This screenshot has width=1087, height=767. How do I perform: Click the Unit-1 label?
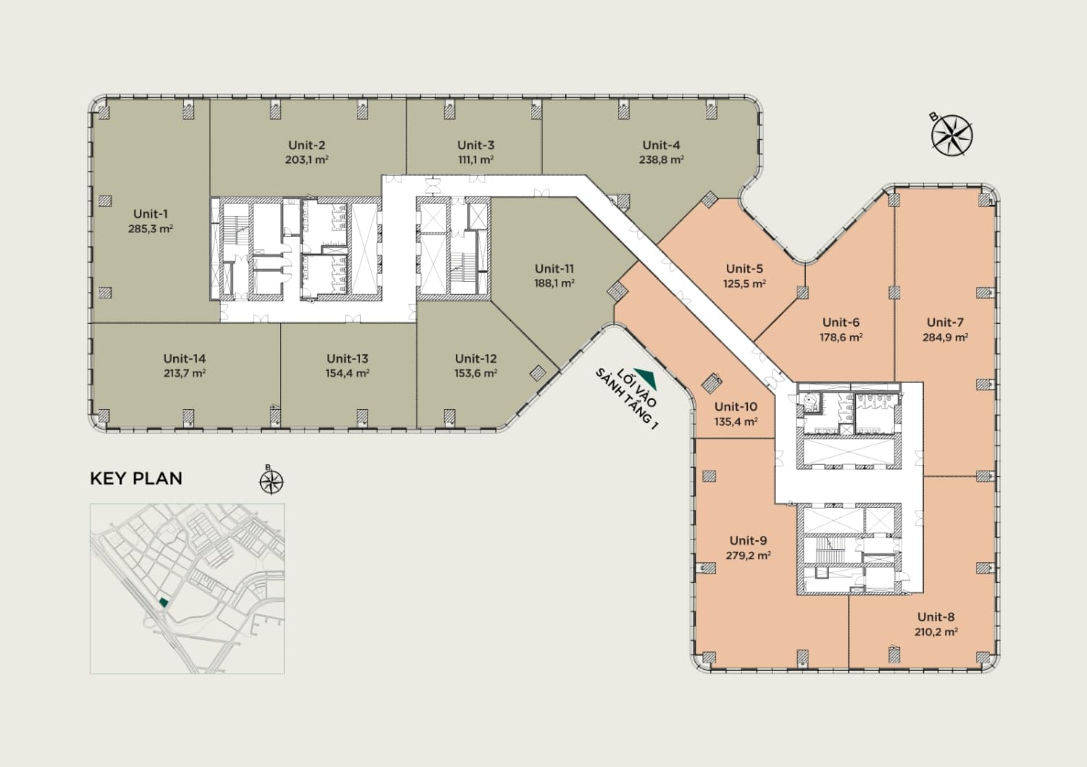(x=151, y=214)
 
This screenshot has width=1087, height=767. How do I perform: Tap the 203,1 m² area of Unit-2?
(x=307, y=159)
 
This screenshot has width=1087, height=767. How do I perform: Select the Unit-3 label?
(x=475, y=145)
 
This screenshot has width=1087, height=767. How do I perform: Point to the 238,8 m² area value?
(x=662, y=159)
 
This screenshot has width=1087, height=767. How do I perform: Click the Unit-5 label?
(x=744, y=268)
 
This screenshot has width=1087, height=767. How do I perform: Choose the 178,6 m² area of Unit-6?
(x=841, y=337)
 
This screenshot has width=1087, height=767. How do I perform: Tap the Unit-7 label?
(x=945, y=322)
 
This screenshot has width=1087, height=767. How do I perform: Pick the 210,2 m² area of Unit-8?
(x=936, y=632)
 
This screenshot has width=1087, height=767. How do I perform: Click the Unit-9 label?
(x=749, y=540)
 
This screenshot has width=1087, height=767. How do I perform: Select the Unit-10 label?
(x=736, y=406)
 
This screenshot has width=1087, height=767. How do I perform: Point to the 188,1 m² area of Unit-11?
(x=554, y=283)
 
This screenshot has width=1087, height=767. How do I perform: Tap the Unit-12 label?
(x=475, y=359)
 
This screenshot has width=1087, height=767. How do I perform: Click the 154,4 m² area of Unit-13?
(x=347, y=373)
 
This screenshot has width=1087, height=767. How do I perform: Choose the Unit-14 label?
(x=184, y=359)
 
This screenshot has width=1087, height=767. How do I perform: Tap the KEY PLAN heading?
(x=136, y=478)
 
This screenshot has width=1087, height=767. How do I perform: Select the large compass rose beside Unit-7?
(x=951, y=135)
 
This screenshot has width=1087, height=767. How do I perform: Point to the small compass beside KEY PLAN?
(x=271, y=482)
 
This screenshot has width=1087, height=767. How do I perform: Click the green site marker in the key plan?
(x=164, y=602)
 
